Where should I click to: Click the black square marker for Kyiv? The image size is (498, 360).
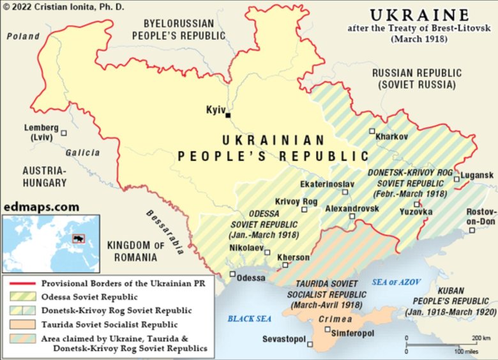[228, 116]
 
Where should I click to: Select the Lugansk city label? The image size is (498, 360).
[477, 175]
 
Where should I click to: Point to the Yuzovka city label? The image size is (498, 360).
[416, 211]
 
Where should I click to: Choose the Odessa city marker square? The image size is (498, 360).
[232, 274]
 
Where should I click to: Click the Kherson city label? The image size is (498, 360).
[294, 258]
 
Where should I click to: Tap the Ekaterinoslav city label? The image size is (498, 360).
[327, 184]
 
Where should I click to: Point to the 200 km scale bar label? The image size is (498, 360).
[479, 338]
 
